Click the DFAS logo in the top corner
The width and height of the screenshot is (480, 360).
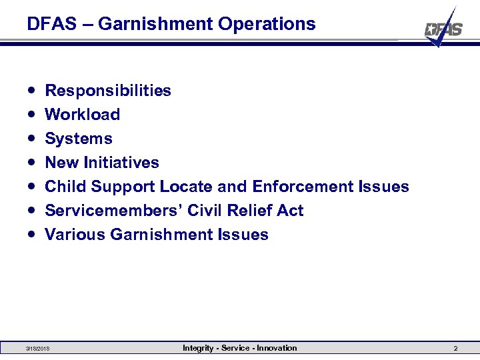(444, 29)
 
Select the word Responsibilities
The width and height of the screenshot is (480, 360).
(107, 91)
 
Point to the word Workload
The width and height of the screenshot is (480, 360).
(82, 115)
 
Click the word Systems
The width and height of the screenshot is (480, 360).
(78, 139)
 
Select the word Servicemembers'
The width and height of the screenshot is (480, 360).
(113, 211)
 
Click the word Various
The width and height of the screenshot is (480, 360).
(75, 235)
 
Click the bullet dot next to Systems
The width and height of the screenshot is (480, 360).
(32, 139)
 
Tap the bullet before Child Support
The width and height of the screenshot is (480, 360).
(32, 187)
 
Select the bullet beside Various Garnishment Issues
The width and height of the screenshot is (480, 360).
(32, 235)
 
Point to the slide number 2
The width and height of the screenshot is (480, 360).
(455, 349)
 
